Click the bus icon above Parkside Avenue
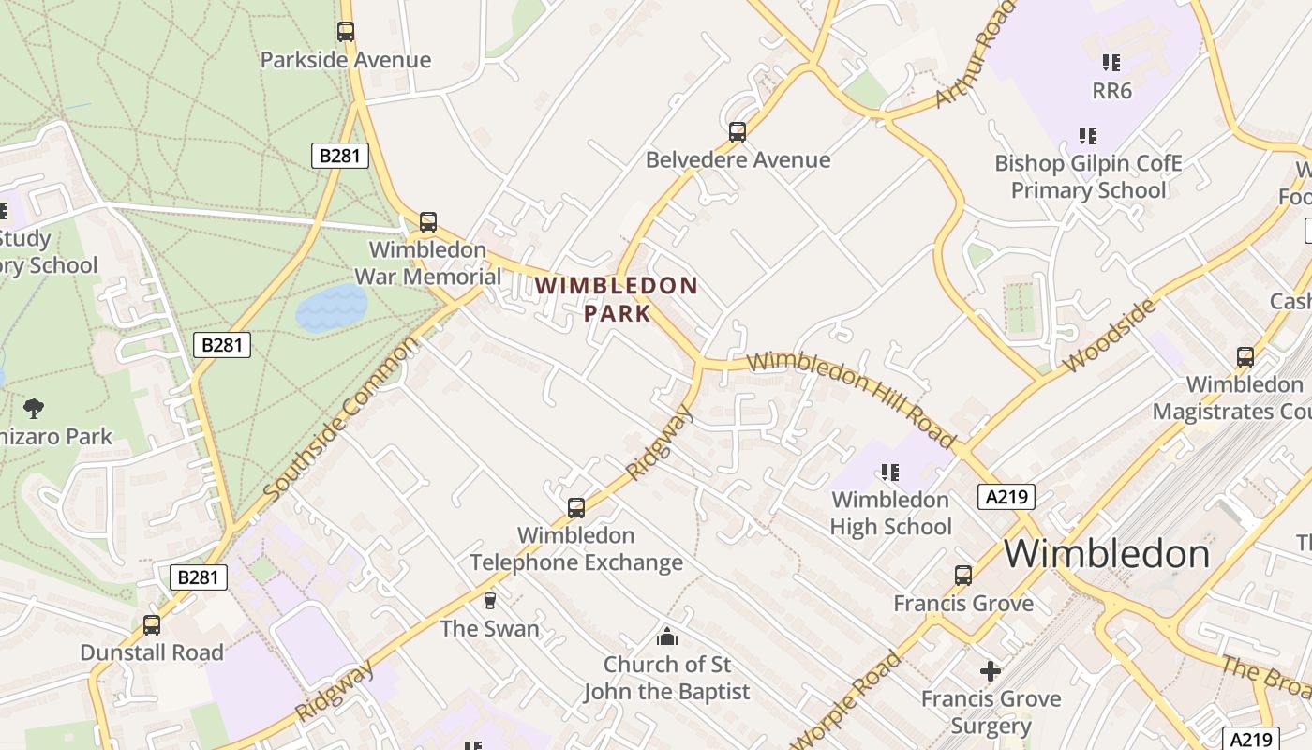pos(346,32)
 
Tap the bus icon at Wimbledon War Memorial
pos(428,222)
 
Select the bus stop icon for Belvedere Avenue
pos(738,132)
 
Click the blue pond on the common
pos(332,308)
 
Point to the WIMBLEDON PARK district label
pos(617,299)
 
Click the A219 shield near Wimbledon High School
pos(1007,496)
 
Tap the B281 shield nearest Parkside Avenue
pos(339,156)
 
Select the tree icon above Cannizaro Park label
pos(34,408)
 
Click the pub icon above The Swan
pos(489,601)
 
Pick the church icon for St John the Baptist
pos(667,637)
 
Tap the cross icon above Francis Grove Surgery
pos(991,671)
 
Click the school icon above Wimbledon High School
pos(890,472)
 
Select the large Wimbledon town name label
pos(1107,554)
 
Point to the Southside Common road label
pos(340,419)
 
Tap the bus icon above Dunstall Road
pos(152,625)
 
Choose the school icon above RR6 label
pos(1111,63)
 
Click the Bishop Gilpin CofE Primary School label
pos(1088,176)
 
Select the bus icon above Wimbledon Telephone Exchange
pos(576,508)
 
